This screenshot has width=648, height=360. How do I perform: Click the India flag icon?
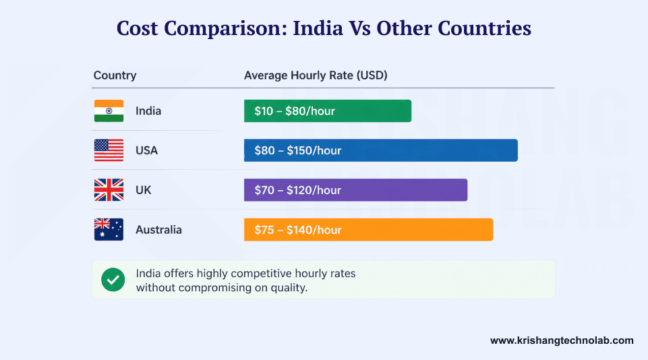coord(109,111)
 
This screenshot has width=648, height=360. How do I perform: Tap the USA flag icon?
coord(109,150)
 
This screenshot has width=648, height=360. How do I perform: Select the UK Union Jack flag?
coord(109,190)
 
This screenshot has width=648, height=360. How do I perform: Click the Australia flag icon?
coord(109,230)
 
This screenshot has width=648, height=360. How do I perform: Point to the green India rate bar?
coord(327,111)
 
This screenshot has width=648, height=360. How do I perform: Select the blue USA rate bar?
coord(380,150)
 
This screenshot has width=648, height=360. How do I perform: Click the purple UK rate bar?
coord(355,190)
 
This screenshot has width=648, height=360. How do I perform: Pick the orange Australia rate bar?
coord(368,230)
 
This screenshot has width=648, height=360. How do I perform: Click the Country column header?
coord(115,76)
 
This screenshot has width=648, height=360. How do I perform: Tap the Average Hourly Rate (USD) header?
coord(315,76)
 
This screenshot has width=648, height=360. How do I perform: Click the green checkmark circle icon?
coord(113,280)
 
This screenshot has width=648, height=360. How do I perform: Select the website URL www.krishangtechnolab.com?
coord(562,340)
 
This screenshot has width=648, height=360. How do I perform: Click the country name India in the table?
coord(148,111)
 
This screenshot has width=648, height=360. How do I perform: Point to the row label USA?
coord(146,150)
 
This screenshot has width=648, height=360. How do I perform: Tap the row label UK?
coord(143,190)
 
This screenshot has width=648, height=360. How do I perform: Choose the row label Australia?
coord(158,230)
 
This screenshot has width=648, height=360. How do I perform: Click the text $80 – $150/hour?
coord(298,150)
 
